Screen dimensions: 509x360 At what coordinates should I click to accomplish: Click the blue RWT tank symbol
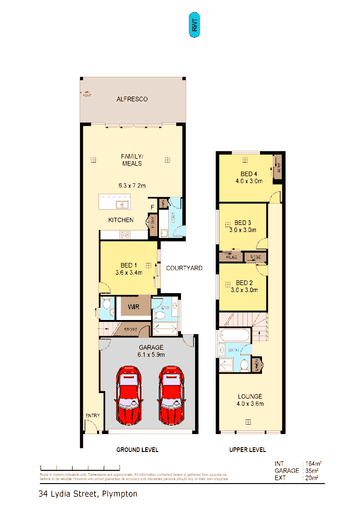[x=194, y=25]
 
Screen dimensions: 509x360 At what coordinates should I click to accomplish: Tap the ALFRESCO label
[x=132, y=99]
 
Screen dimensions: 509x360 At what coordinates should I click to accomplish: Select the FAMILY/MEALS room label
[x=131, y=160]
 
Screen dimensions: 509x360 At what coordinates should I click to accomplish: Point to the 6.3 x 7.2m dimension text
[x=131, y=186]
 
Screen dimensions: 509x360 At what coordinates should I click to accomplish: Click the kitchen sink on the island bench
[x=123, y=204]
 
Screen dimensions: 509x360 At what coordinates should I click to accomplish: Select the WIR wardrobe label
[x=133, y=307]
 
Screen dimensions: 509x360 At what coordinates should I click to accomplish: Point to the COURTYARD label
[x=184, y=268]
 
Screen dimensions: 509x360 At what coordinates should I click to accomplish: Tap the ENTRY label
[x=92, y=415]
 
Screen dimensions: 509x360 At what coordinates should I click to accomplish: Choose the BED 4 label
[x=248, y=173]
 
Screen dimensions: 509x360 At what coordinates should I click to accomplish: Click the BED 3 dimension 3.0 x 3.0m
[x=242, y=230]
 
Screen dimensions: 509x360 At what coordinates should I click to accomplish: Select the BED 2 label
[x=245, y=283]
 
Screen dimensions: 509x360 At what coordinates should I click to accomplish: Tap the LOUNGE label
[x=249, y=396]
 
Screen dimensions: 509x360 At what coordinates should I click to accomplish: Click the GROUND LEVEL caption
[x=137, y=450]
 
